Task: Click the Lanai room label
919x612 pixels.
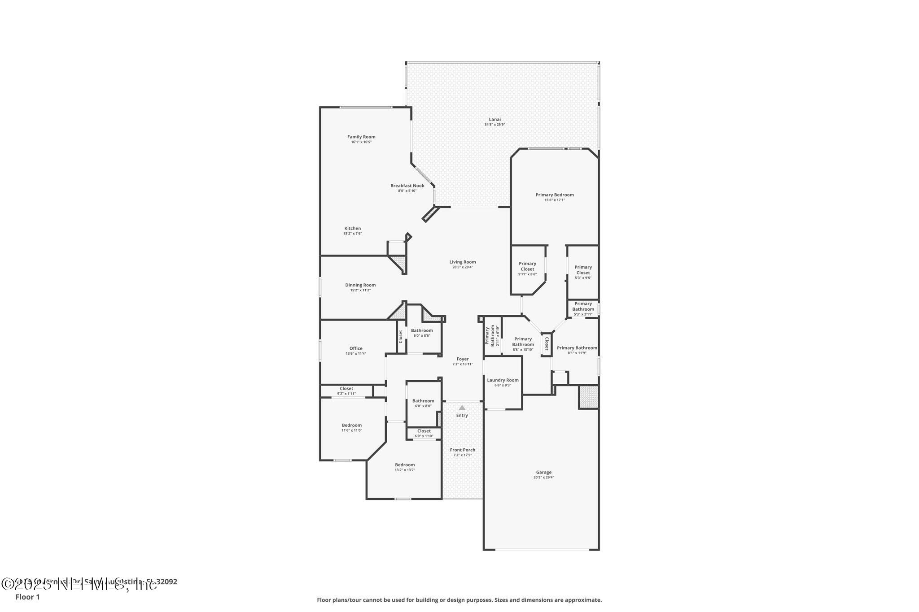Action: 495,119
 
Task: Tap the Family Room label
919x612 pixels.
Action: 361,137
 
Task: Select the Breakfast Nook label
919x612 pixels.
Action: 407,186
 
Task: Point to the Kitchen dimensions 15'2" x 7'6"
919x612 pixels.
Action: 353,234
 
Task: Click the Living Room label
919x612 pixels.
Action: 463,262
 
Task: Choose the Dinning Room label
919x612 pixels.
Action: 360,285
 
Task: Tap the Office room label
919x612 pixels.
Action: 356,348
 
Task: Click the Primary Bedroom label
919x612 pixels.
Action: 555,195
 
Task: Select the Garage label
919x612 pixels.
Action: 543,472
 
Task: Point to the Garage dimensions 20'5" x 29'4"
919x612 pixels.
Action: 543,477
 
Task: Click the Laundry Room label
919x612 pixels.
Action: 503,380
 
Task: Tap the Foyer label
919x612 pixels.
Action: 463,359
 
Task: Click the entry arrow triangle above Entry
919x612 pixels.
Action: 462,408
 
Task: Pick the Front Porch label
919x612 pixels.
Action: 463,450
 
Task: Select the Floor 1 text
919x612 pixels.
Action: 27,597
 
